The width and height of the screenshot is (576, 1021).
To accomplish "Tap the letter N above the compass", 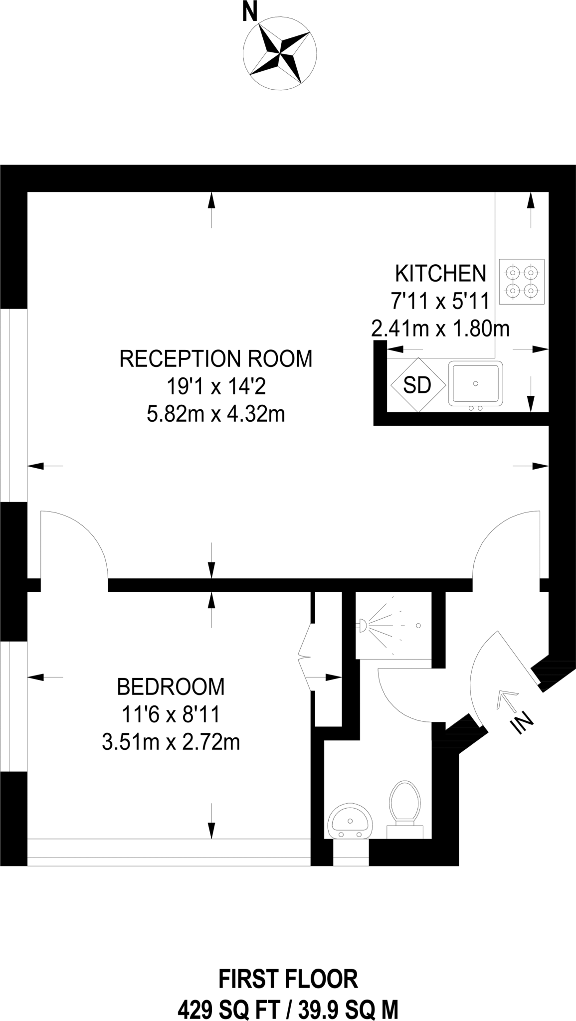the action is pos(249,12).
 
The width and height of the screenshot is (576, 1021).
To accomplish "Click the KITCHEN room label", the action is pos(440,274).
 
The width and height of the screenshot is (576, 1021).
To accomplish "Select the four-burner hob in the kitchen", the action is pos(522,281).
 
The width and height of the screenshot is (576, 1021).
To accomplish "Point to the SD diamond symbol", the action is pos(417,384).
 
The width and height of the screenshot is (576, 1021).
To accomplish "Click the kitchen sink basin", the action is pos(476,383).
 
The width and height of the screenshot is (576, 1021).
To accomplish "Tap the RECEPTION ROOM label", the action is pos(216,358).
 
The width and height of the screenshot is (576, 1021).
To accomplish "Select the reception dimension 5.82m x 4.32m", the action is pos(216,414).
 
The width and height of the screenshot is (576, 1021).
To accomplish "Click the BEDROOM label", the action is pos(171,686).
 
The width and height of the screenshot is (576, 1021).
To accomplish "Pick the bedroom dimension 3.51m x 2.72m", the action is pos(171,742).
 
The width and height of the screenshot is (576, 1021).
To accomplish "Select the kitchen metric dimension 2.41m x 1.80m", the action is pos(440,329).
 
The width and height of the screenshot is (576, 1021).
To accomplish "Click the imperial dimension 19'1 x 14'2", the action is pos(216,386).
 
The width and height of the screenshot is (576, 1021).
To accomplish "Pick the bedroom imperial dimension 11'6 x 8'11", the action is pos(171,714).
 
